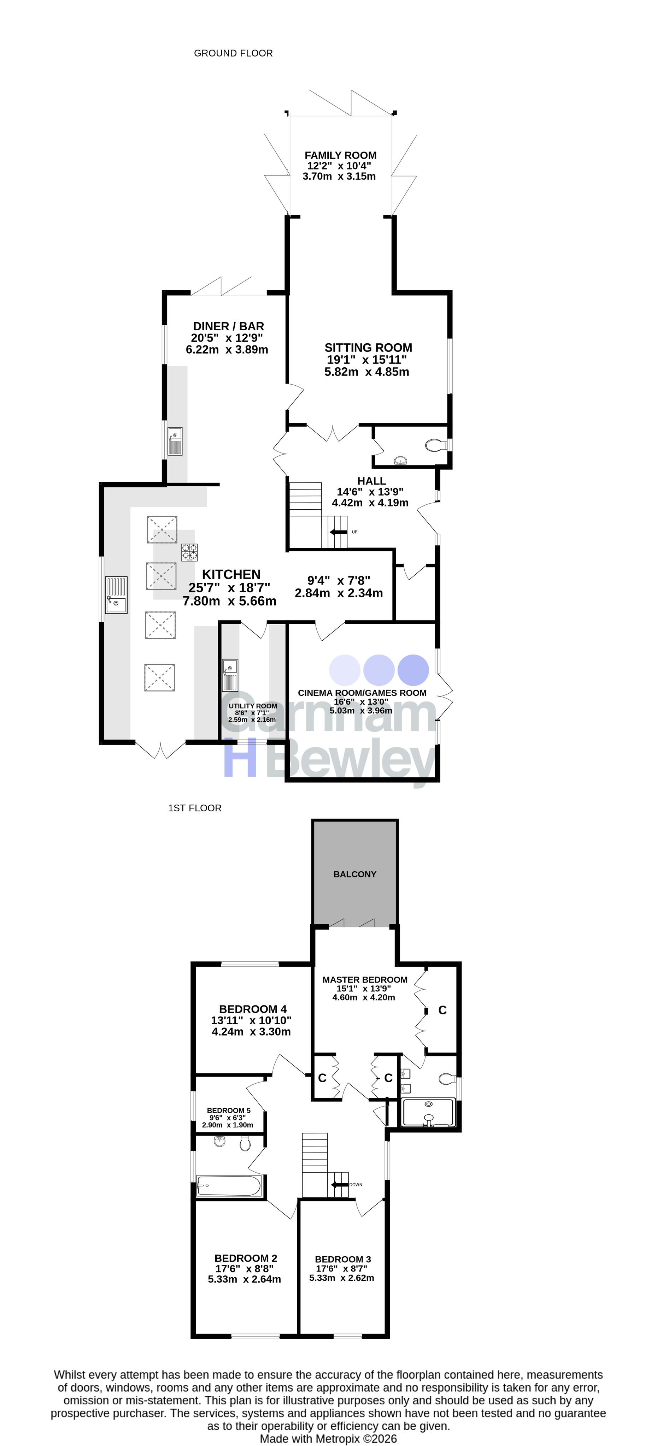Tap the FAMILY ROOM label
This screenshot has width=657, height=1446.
click(340, 155)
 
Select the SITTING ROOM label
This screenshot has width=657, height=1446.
click(368, 348)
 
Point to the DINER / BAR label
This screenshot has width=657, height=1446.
click(229, 326)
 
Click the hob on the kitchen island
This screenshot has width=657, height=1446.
click(189, 552)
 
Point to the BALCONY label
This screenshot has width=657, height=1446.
click(355, 875)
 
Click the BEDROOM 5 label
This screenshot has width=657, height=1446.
click(229, 1110)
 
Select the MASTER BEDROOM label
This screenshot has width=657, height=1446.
click(365, 979)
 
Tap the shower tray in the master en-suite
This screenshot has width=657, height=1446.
click(429, 1113)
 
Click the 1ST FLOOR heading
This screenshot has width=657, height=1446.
click(195, 808)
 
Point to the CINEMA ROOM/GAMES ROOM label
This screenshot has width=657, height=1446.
click(362, 693)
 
